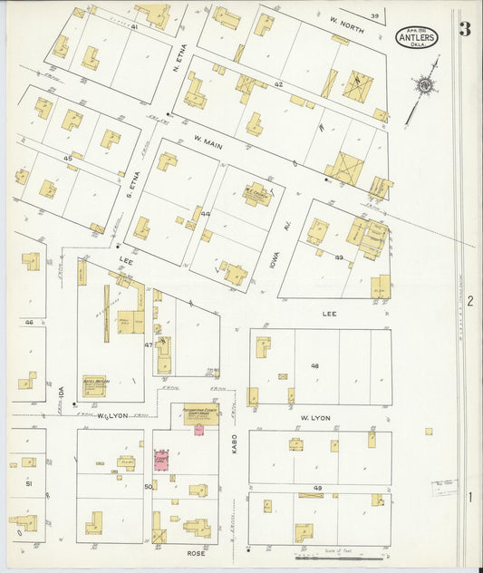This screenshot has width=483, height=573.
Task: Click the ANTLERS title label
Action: tap(416, 38)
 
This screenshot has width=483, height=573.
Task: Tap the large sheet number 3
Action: tap(464, 29)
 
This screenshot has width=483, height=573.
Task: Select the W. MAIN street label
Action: tap(208, 141)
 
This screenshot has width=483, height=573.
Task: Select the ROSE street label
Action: tap(191, 551)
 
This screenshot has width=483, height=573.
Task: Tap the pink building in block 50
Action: tap(162, 460)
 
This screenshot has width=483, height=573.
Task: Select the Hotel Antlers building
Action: tap(94, 384)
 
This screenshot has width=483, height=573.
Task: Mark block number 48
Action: tap(316, 366)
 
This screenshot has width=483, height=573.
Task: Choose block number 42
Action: tap(279, 84)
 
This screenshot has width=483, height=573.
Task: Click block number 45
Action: tap(67, 159)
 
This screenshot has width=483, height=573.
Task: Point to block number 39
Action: tap(374, 15)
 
